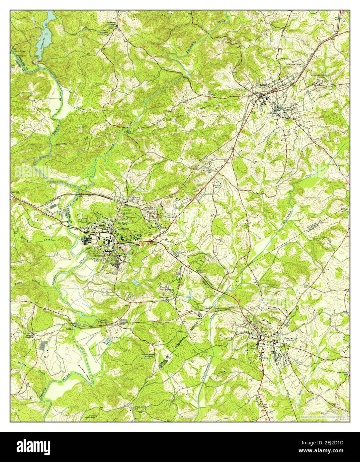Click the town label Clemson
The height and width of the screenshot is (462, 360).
120,229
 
